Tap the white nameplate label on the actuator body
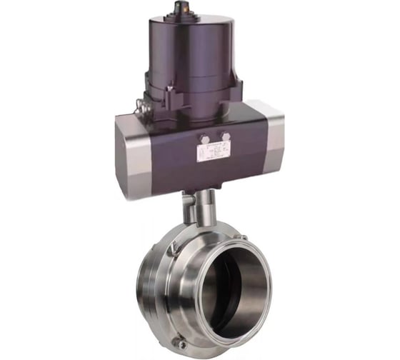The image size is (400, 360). [213, 151]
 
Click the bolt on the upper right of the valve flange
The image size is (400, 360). [243, 238]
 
